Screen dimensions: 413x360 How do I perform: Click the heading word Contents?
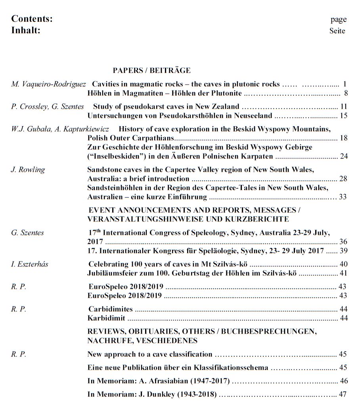pyautogui.click(x=32, y=19)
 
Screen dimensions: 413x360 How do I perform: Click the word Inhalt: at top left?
pyautogui.click(x=26, y=30)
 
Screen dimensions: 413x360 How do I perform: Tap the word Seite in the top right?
pyautogui.click(x=337, y=31)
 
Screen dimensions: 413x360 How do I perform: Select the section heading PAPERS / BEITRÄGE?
pyautogui.click(x=152, y=71)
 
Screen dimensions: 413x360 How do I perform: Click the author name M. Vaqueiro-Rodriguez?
pyautogui.click(x=49, y=84)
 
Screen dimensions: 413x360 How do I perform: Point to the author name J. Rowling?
pyautogui.click(x=28, y=169)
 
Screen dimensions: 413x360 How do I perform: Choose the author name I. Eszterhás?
pyautogui.click(x=29, y=264)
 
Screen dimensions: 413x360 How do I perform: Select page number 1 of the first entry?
pyautogui.click(x=345, y=84)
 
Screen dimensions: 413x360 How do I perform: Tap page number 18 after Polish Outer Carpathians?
pyautogui.click(x=343, y=138)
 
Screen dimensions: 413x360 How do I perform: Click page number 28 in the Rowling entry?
pyautogui.click(x=343, y=179)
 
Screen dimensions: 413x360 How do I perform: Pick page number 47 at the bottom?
pyautogui.click(x=343, y=395)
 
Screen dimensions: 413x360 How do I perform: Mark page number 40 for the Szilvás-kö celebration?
pyautogui.click(x=343, y=264)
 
